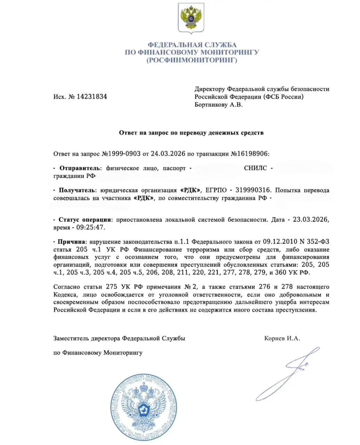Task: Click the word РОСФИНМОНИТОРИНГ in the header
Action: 192,60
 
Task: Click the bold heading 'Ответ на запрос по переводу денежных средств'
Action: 191,132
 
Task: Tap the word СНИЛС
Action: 255,168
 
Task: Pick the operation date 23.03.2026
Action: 310,220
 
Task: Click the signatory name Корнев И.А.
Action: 282,338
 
